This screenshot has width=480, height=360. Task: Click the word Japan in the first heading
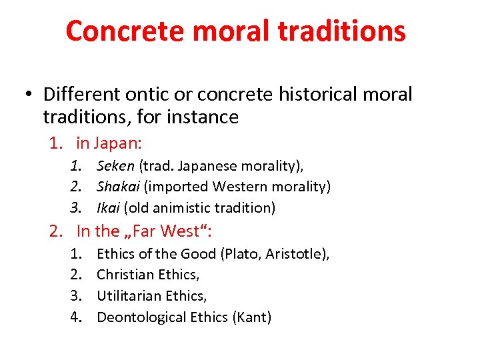(x=117, y=143)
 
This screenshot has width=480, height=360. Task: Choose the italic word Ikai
(x=109, y=207)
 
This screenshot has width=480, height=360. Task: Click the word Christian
(x=126, y=275)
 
